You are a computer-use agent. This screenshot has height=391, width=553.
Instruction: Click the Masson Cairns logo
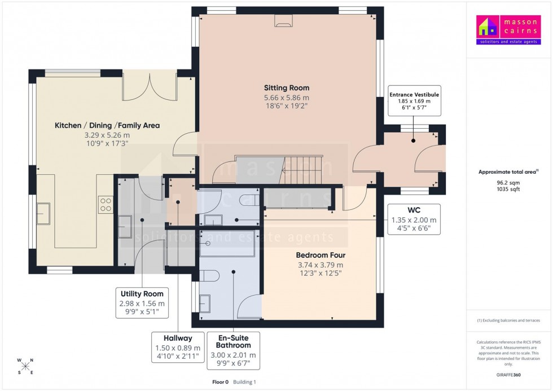coord(508,30)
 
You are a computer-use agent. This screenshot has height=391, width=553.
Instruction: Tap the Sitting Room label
coord(287,88)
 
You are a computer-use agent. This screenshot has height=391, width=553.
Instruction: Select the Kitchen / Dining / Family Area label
coord(107,125)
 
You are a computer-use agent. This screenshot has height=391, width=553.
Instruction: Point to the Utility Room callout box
coord(142,302)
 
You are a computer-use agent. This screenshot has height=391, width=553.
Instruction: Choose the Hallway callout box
coord(178,347)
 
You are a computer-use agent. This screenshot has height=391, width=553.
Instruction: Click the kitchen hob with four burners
coord(106,204)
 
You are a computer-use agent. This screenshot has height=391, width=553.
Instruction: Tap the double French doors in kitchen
coord(150,87)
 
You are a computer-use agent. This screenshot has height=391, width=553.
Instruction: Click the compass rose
coord(25,366)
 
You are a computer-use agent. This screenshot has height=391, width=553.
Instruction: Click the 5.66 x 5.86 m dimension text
coord(287,98)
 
